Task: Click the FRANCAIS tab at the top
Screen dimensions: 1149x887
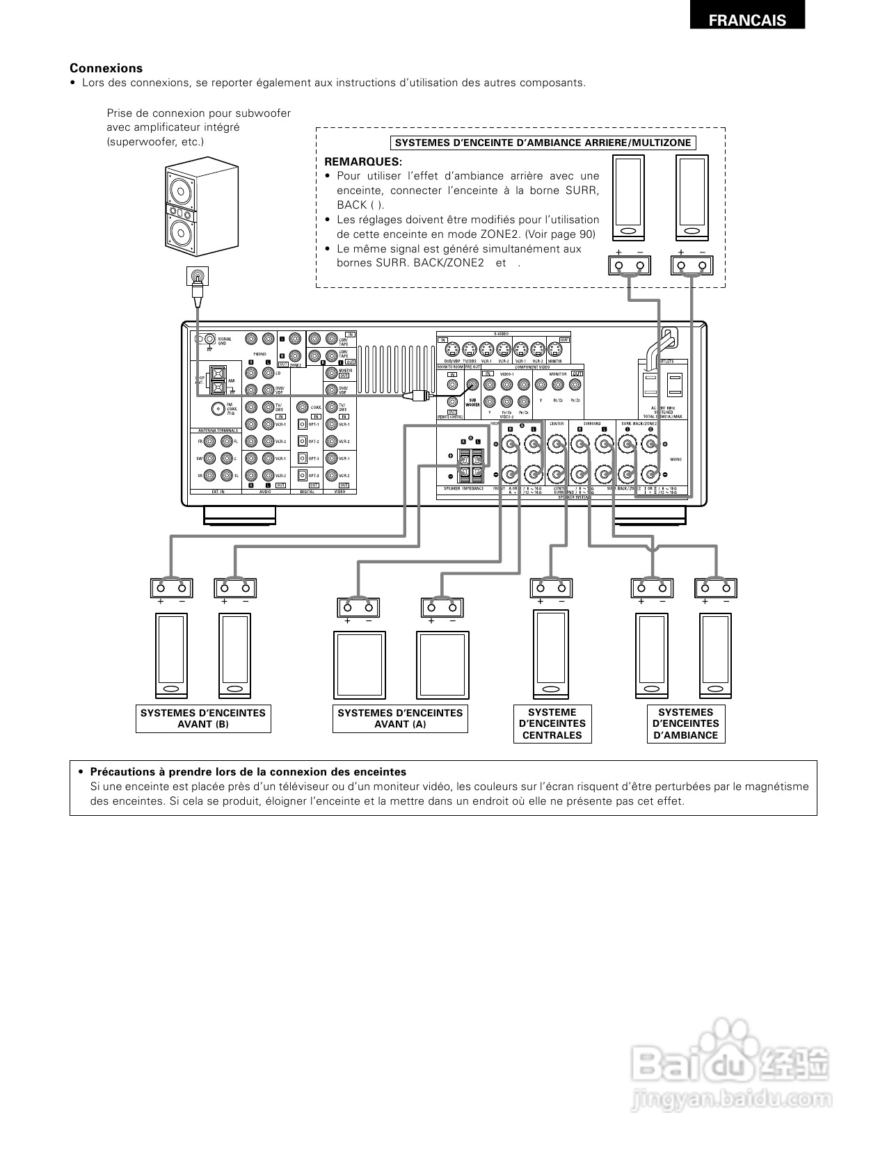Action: (x=747, y=20)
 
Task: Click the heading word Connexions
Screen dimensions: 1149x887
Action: (x=106, y=68)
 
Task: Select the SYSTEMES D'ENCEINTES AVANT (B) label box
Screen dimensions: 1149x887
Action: (x=203, y=718)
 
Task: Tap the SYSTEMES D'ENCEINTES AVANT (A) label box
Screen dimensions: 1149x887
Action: (x=400, y=718)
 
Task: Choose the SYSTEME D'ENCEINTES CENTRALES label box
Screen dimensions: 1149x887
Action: (x=552, y=723)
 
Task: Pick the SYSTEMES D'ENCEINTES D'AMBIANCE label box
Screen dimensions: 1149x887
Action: (x=685, y=723)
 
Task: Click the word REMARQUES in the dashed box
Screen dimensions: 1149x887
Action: (x=362, y=161)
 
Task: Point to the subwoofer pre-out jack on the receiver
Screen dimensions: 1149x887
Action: (x=473, y=383)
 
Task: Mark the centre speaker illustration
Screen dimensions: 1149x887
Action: (x=551, y=654)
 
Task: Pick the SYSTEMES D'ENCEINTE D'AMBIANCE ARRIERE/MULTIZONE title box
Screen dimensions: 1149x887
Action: (x=543, y=143)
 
